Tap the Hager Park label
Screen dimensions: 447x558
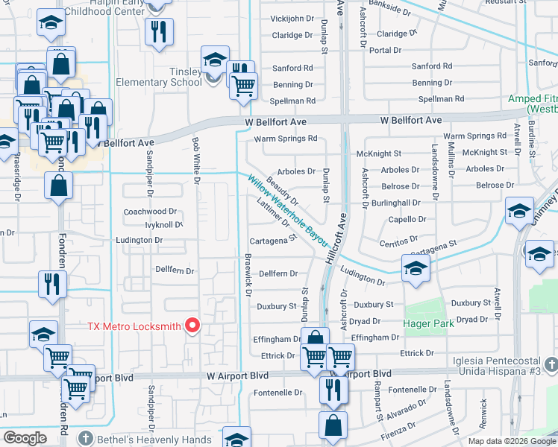click(x=429, y=324)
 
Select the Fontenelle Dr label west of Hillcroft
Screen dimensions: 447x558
click(x=278, y=393)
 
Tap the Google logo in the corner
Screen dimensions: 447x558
click(x=24, y=437)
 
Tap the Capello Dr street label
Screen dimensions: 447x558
click(x=407, y=220)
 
